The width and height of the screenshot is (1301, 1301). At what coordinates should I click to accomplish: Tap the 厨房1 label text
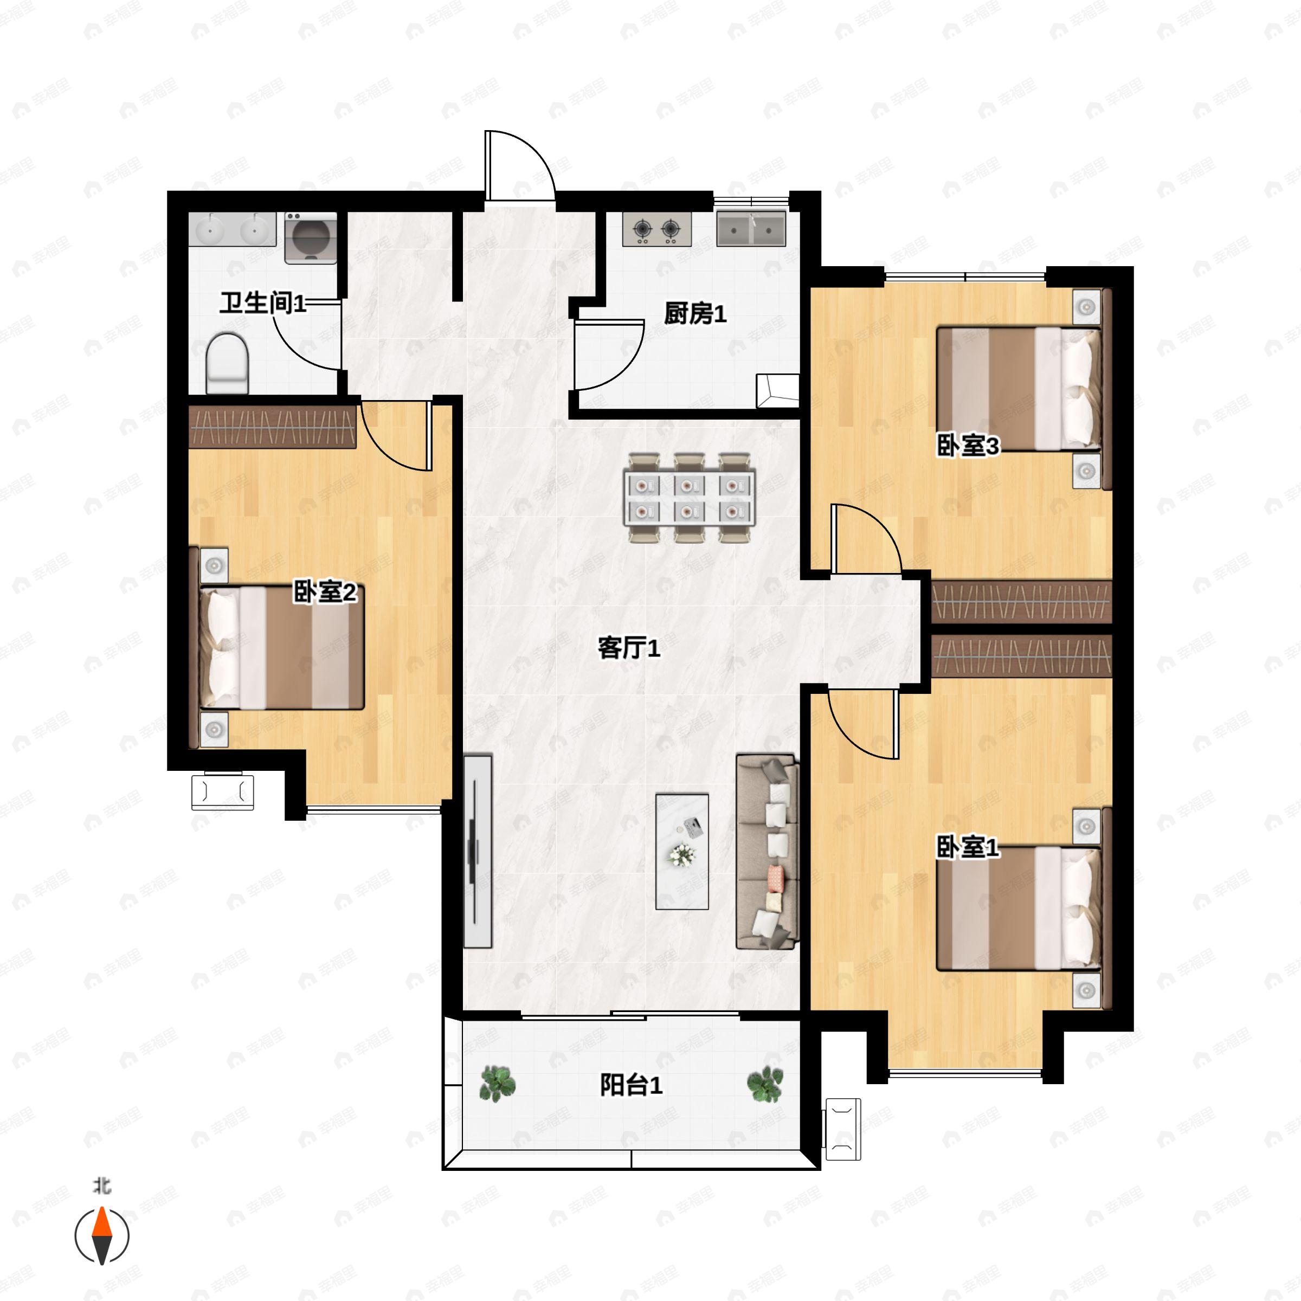(695, 313)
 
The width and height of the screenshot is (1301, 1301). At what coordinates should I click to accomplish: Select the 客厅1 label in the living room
(629, 648)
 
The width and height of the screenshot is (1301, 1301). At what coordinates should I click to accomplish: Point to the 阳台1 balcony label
(631, 1085)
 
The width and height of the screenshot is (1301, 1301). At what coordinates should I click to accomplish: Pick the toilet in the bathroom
(228, 363)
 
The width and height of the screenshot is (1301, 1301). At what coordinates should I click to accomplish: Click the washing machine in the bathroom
(311, 238)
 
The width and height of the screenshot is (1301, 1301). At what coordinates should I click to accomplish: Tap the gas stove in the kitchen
(657, 230)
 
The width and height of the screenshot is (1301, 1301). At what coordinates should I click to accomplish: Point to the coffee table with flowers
(682, 851)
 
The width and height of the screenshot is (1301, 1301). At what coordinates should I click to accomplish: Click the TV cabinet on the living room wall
(478, 851)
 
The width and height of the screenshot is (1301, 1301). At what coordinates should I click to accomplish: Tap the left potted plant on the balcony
(498, 1084)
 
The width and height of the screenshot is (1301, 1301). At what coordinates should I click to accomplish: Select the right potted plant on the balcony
(765, 1084)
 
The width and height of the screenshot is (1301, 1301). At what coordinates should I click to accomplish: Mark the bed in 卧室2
(281, 647)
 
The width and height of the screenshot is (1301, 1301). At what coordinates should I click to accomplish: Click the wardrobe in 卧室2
(273, 427)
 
